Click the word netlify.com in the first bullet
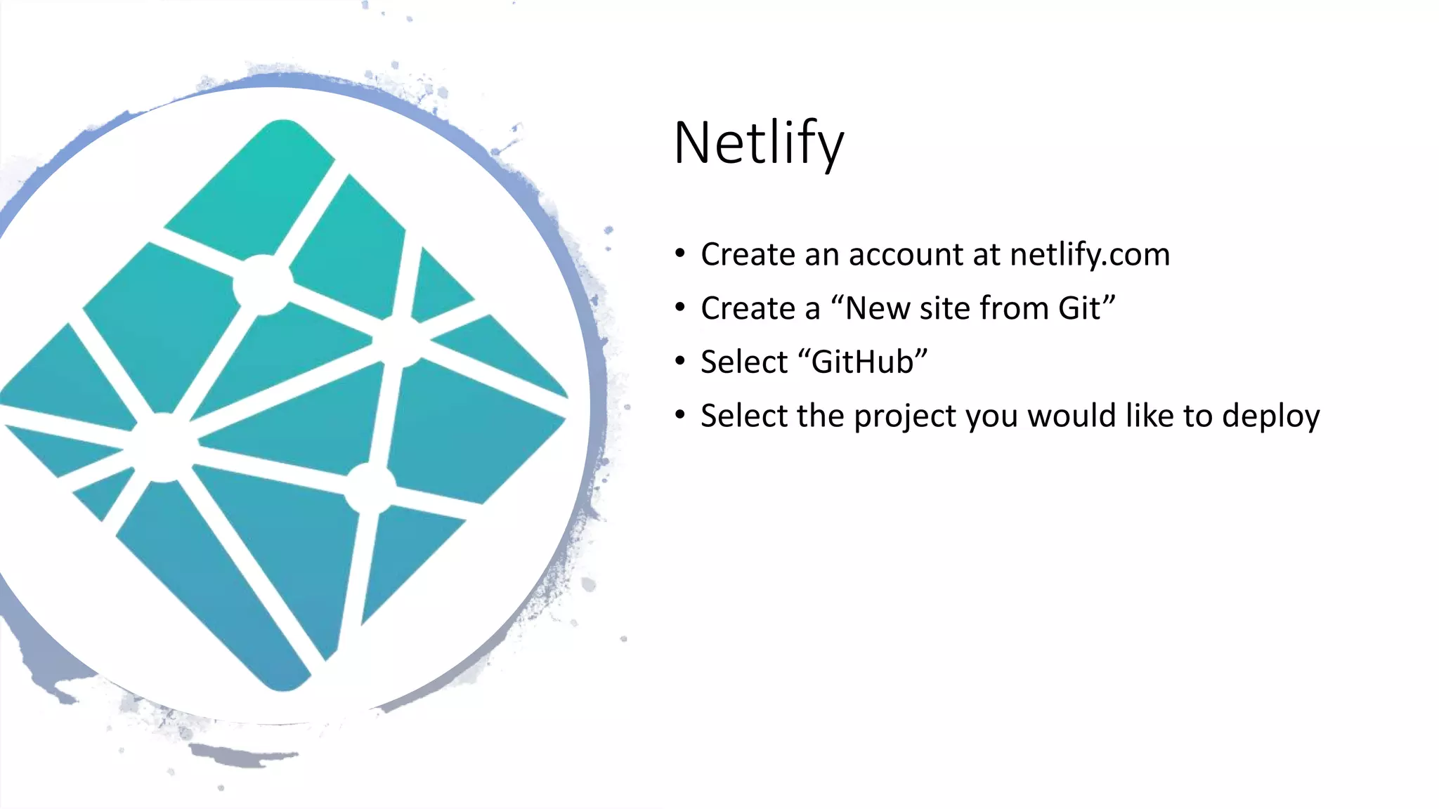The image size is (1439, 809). tap(1090, 254)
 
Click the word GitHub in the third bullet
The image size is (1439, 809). tap(863, 362)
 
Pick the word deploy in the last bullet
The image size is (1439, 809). tap(1270, 416)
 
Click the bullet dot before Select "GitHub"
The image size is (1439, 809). tap(679, 361)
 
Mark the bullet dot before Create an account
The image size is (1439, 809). tap(679, 254)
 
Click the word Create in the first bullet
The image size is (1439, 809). tap(748, 254)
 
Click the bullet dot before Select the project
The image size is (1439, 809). tap(679, 415)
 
